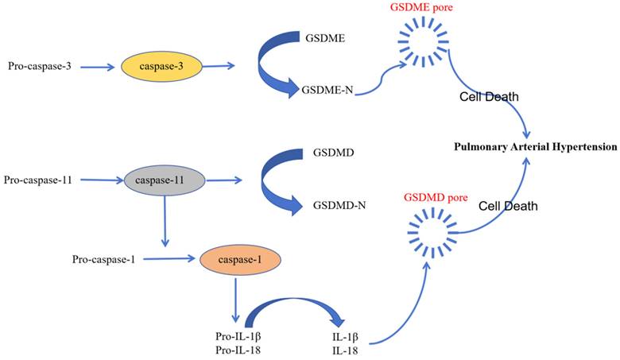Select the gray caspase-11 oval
pyautogui.click(x=165, y=182)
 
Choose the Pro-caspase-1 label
pyautogui.click(x=103, y=259)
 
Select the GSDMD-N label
pyautogui.click(x=339, y=204)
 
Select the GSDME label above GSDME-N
pyautogui.click(x=323, y=37)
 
